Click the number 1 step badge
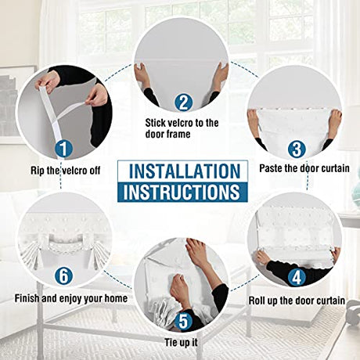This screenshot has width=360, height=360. pos(63,149)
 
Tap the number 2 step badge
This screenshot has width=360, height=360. pos(183,102)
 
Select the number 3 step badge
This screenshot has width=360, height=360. pos(297,149)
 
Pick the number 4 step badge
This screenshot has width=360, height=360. pos(297,277)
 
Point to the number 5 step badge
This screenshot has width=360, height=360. pos(183,321)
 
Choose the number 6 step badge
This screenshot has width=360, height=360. pos(63,275)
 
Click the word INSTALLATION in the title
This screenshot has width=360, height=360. pos(185,171)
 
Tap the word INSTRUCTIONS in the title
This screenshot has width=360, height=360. pos(182,192)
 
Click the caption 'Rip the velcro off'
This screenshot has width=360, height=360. pos(66,171)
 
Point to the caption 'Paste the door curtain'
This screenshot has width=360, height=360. pos(304,168)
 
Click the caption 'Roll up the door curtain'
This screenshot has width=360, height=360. pos(297,301)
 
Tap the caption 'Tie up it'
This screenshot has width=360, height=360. pos(181,343)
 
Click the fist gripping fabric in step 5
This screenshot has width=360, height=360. pos(180,287)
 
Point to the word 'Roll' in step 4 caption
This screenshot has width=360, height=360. pos(256,301)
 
